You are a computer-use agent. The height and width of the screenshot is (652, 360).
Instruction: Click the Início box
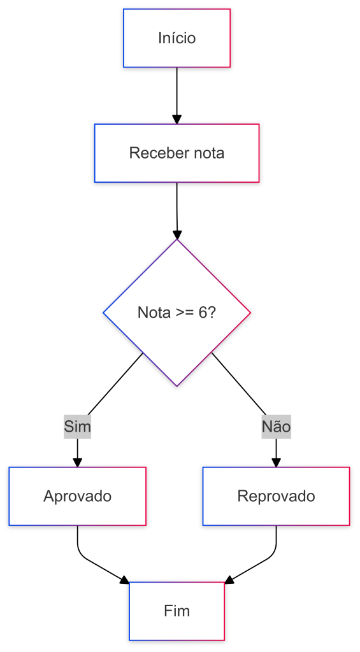tap(177, 38)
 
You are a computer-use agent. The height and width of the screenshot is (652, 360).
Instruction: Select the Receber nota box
tap(177, 153)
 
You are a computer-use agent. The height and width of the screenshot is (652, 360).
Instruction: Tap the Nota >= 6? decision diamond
tap(177, 313)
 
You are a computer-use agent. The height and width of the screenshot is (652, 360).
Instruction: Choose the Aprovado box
tap(77, 496)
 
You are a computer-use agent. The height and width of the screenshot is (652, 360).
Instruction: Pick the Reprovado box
tap(277, 496)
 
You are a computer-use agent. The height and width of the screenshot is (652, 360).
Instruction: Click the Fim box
tap(177, 611)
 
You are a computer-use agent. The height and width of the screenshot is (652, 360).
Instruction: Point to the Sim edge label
tap(77, 427)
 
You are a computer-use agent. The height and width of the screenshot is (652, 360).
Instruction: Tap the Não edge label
tap(277, 427)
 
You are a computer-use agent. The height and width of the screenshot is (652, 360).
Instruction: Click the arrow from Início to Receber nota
tap(177, 96)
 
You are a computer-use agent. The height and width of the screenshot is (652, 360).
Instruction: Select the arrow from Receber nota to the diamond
tap(177, 211)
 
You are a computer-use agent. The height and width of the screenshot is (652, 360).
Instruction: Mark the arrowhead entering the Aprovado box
tap(77, 462)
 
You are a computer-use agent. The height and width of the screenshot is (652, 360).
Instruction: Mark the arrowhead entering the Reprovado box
tap(277, 462)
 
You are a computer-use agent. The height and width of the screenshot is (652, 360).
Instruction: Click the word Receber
tap(154, 153)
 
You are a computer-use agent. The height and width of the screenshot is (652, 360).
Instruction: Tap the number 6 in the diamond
tap(203, 312)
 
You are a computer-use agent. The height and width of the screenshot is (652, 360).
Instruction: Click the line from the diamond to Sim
tap(115, 384)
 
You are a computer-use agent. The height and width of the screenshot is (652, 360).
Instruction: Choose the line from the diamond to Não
tap(239, 384)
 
